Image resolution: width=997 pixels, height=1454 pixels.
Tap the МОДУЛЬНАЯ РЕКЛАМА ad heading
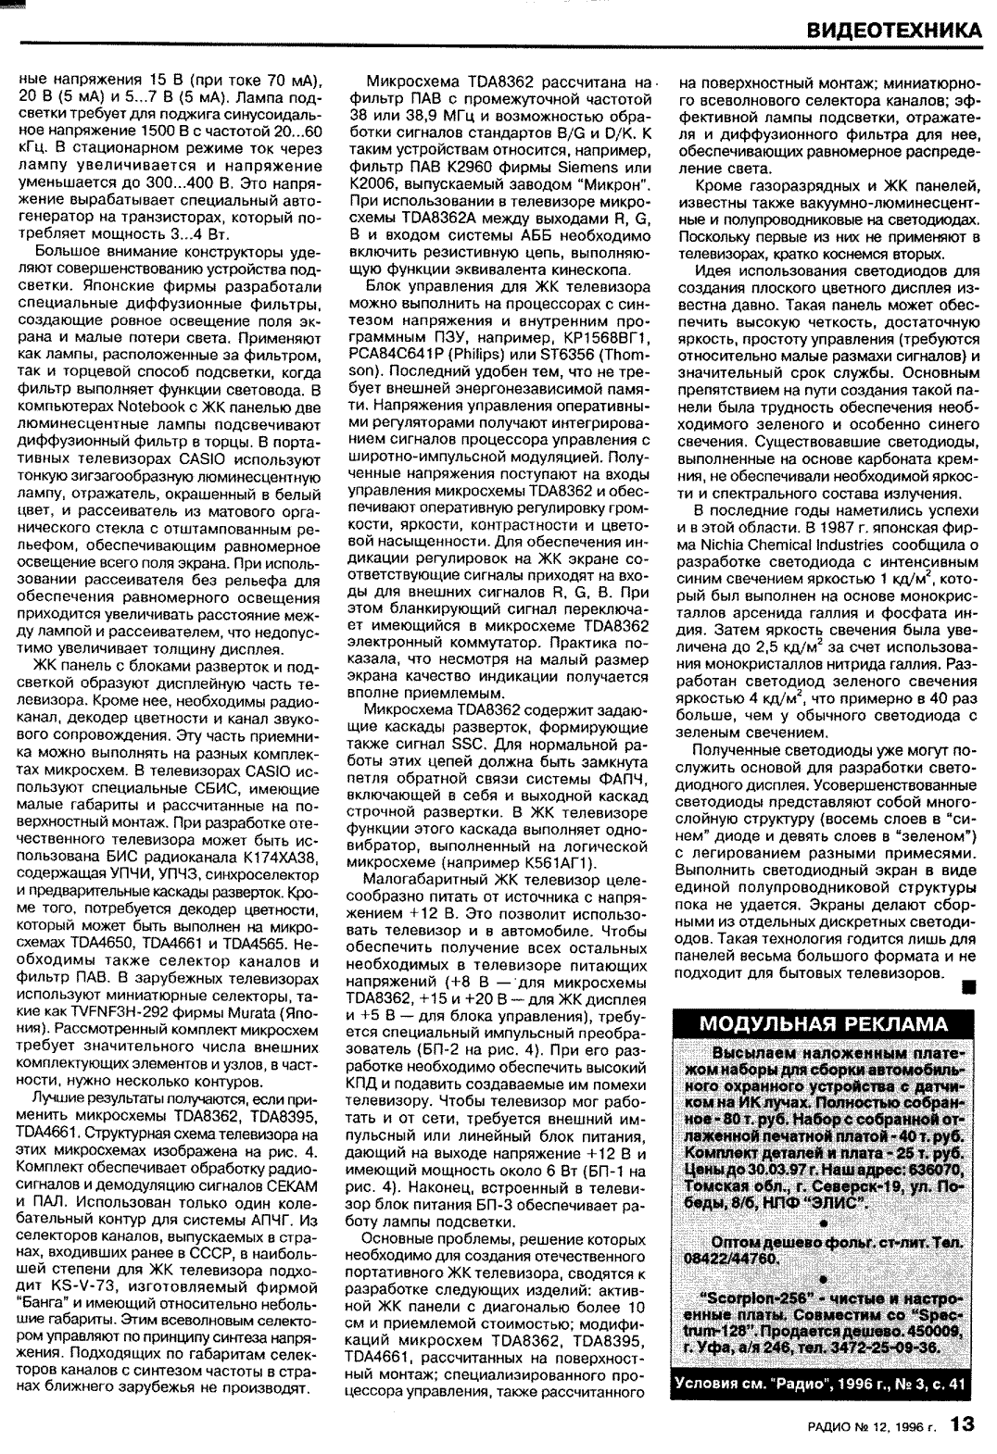(824, 1023)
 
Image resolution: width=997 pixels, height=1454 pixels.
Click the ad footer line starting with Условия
(824, 1384)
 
